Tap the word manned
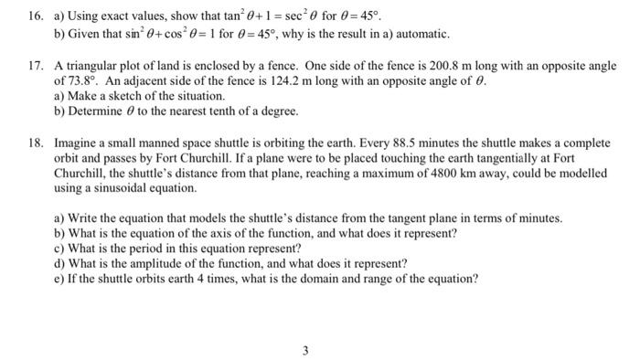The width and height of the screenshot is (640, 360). pyautogui.click(x=153, y=144)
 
